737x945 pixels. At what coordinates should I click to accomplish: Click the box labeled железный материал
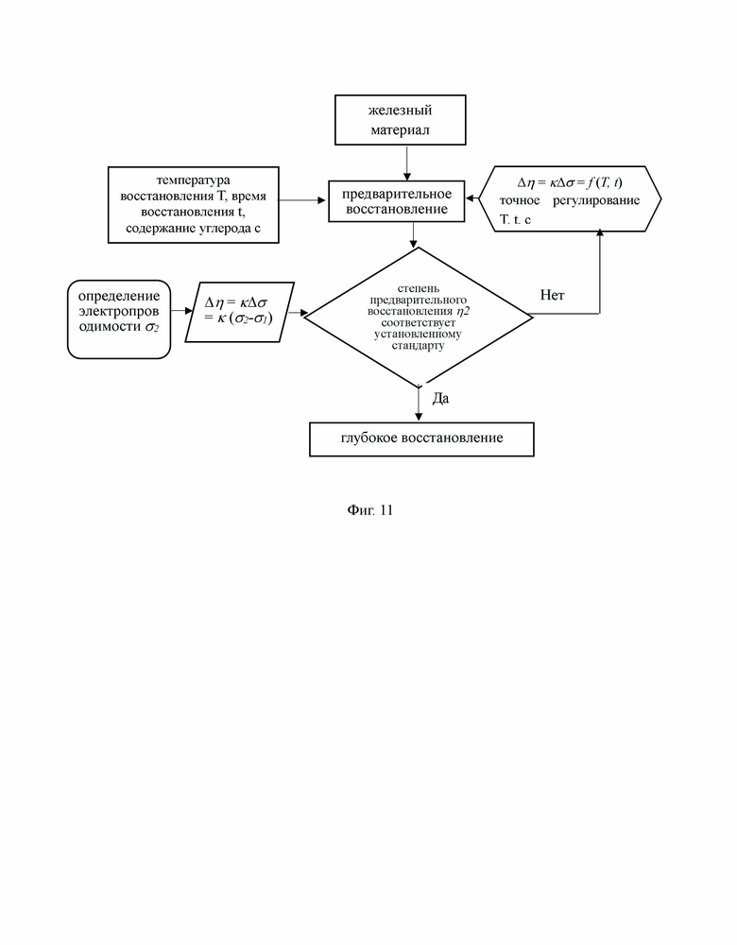point(400,120)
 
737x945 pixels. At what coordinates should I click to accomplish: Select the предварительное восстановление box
point(397,201)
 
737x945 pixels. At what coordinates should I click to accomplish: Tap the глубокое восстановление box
point(421,439)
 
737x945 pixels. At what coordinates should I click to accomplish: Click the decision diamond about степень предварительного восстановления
point(419,317)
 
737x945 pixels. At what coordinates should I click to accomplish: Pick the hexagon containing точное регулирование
point(570,198)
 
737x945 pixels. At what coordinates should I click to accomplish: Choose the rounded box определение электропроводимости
point(119,319)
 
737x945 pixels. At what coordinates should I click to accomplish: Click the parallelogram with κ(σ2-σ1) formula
point(239,312)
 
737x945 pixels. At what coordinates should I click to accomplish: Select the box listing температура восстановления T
point(194,205)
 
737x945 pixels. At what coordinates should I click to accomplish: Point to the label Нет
point(552,295)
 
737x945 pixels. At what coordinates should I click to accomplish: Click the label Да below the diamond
point(440,399)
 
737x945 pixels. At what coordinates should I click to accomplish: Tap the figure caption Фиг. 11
point(370,510)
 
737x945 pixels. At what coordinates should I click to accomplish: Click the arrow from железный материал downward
point(406,163)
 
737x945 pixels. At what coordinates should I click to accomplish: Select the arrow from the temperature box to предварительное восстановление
point(302,200)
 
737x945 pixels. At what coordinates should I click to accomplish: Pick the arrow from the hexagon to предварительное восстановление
point(472,198)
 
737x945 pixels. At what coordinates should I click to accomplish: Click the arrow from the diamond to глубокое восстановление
point(419,404)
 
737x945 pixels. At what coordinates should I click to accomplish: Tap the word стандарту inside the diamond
point(418,346)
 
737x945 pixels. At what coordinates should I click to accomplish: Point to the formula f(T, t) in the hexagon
point(605,182)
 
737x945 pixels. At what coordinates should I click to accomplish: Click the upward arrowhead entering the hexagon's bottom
point(600,233)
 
